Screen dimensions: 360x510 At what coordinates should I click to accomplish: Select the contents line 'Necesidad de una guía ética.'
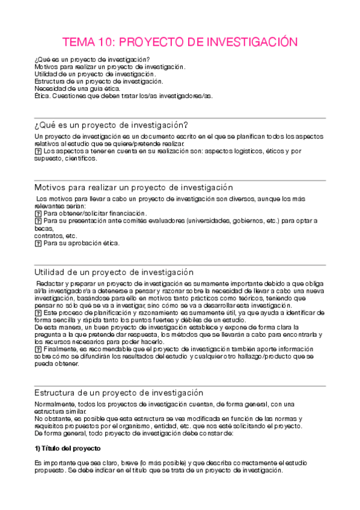[x=78, y=88]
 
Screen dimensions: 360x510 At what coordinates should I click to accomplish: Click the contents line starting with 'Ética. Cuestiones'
[x=123, y=95]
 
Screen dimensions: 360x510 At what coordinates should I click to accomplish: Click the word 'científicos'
[x=79, y=158]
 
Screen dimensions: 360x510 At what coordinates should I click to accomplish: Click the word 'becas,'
[x=44, y=229]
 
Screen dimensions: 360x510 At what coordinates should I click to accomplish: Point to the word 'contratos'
[x=48, y=236]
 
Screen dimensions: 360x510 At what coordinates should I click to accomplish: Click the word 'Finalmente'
[x=60, y=349]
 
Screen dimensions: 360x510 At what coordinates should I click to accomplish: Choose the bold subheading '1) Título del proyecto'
[x=67, y=449]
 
